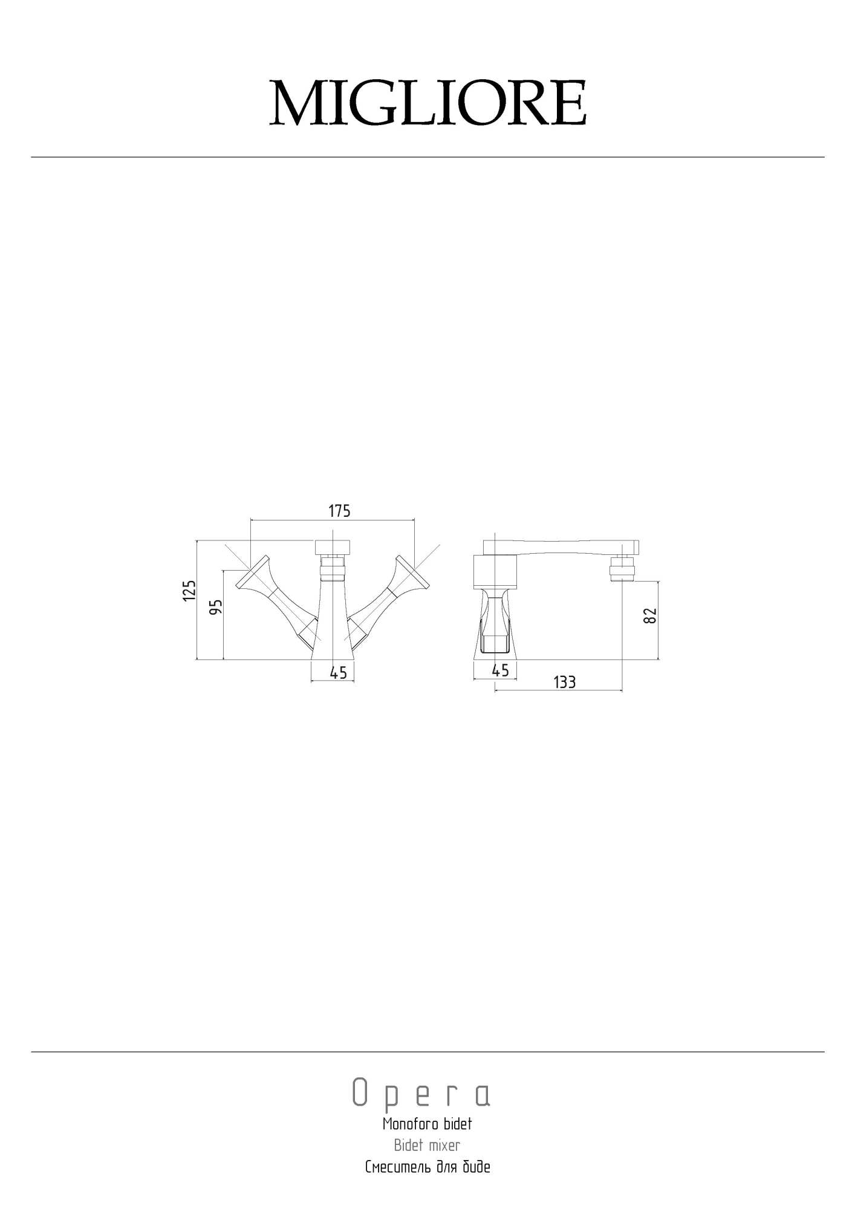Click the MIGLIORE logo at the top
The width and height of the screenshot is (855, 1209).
pos(427,103)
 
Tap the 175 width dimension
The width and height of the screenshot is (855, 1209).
pos(339,511)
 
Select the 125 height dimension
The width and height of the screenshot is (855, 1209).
pos(190,590)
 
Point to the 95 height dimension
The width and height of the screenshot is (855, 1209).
pos(216,606)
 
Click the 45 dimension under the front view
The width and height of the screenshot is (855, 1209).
pos(339,672)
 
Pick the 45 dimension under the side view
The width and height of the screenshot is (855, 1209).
pos(501,670)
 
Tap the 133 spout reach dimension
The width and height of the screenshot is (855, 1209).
pos(565,682)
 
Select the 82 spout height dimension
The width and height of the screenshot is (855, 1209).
pos(650,615)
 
